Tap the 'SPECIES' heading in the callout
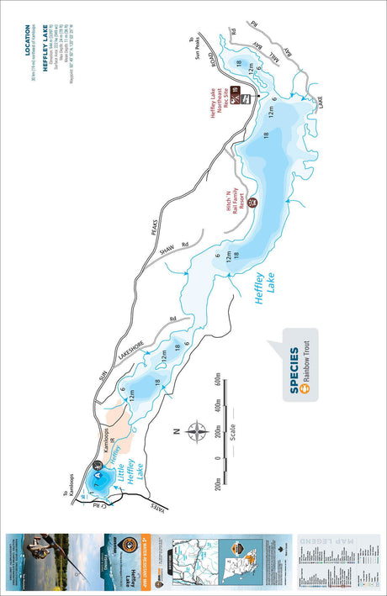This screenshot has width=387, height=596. click(x=294, y=371)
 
